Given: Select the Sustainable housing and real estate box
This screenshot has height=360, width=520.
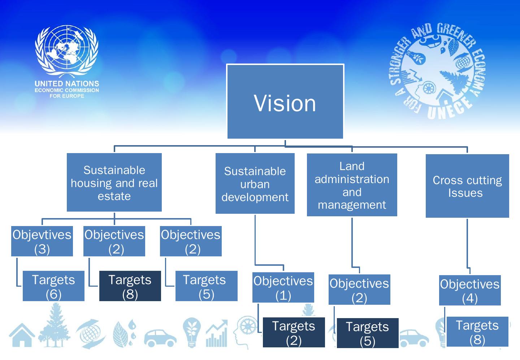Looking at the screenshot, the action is (114, 182).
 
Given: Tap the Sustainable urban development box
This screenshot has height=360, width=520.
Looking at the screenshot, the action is (255, 183).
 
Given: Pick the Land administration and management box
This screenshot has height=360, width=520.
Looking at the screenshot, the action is (352, 185).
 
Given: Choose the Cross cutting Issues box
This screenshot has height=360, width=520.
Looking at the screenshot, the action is (467, 186).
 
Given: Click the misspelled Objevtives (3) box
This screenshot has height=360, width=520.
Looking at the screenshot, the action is (42, 241).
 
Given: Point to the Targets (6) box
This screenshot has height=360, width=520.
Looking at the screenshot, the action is (53, 286).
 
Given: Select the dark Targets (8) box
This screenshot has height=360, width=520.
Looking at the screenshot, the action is (130, 286).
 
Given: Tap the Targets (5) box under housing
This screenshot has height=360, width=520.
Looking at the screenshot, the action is (206, 286).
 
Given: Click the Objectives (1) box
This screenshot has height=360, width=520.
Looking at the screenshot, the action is (283, 287).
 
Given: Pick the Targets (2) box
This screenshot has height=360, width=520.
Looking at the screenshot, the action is (294, 332).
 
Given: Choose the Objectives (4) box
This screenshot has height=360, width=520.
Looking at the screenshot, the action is (470, 290).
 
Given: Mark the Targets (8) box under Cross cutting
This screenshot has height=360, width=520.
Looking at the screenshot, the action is (477, 331).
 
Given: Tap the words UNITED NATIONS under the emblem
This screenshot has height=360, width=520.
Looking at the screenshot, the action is (67, 84).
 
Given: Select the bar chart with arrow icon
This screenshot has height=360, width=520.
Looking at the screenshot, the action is (217, 334).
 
